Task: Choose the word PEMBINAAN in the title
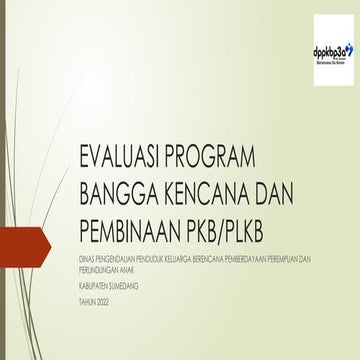pos(127,222)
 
